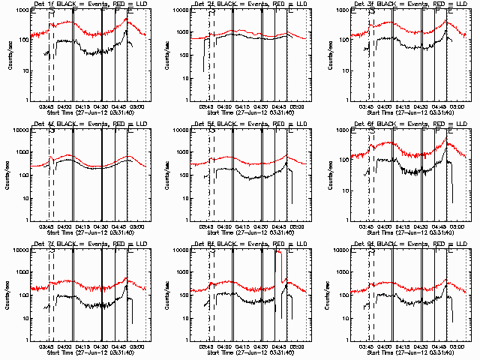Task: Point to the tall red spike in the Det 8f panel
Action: [278, 255]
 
